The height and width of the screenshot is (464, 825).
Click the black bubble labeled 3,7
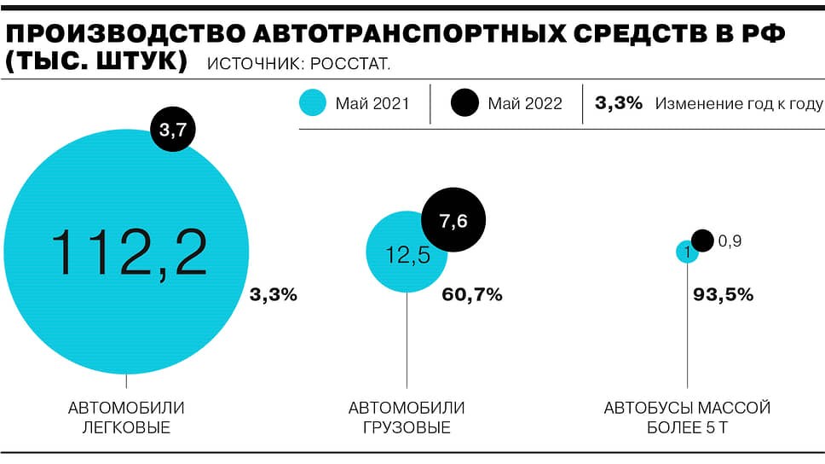(173, 130)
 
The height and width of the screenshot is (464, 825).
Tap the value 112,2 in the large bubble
(129, 252)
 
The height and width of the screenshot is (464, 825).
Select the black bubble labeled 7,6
(453, 220)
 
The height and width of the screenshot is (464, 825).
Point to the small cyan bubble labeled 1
(687, 252)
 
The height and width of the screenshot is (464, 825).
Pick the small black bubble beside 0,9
(702, 241)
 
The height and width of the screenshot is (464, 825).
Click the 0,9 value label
(730, 241)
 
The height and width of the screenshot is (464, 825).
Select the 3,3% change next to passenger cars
(273, 295)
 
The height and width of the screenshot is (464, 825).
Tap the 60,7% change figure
(472, 295)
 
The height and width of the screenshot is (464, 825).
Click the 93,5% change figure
(722, 295)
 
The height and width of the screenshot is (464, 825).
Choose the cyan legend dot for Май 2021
(313, 104)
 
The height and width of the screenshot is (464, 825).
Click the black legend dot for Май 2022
(466, 104)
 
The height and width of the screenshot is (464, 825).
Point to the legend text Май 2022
(525, 104)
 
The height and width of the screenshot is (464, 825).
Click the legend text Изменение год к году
(739, 104)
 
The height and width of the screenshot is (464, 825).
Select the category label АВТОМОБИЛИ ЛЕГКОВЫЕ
(126, 418)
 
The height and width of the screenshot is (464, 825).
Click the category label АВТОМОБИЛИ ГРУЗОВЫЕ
(407, 418)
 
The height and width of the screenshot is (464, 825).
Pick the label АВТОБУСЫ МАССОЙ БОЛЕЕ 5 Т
(687, 418)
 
